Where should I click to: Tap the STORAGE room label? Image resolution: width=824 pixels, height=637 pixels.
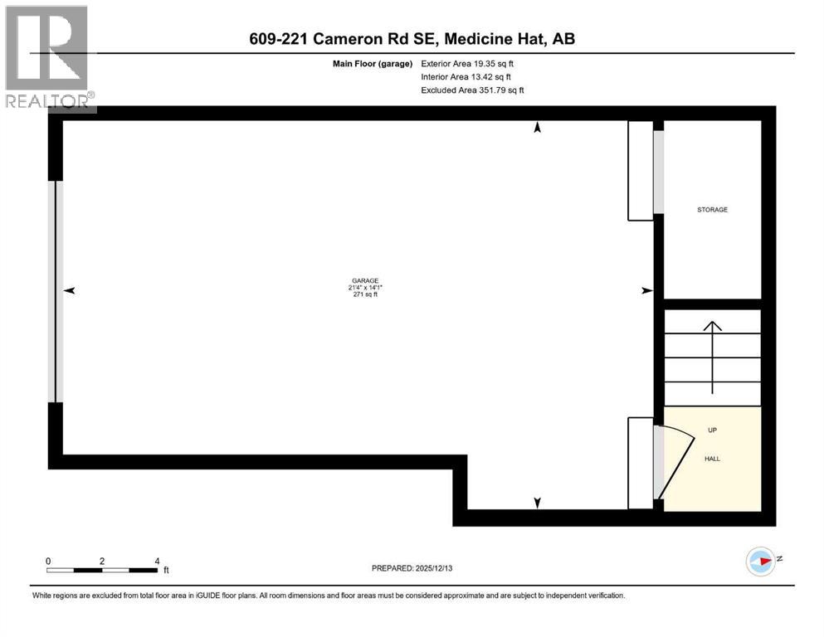[x=712, y=210]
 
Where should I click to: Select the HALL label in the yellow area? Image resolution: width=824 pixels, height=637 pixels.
[x=712, y=458]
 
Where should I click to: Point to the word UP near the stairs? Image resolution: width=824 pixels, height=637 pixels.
[x=712, y=430]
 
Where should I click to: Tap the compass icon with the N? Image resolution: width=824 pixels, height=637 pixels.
[x=761, y=562]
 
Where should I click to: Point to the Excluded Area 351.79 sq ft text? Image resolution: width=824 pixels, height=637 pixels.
[x=472, y=90]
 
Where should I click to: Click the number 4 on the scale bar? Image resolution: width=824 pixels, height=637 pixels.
[x=158, y=561]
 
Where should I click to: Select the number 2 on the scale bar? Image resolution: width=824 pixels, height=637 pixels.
[x=102, y=561]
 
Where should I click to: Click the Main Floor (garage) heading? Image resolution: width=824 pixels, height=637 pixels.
[x=376, y=63]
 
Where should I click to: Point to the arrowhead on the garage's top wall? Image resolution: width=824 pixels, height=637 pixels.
[x=537, y=128]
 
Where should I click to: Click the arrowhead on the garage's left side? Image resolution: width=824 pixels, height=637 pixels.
[x=70, y=290]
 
